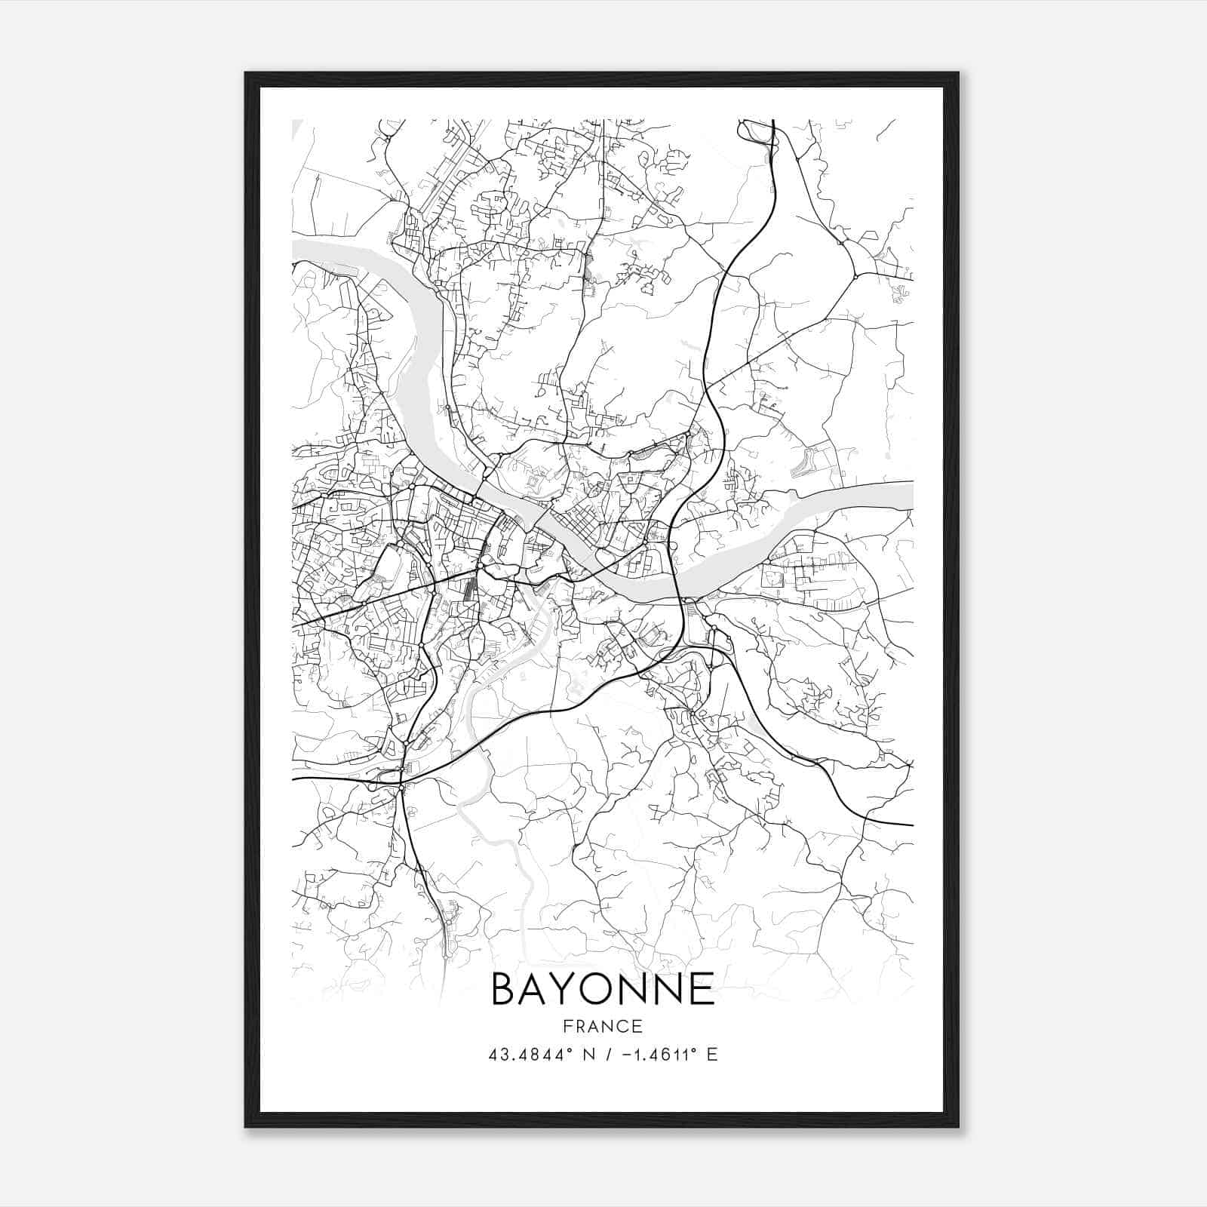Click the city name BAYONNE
[x=603, y=989]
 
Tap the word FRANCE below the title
[x=603, y=1026]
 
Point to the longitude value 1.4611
[x=659, y=1055]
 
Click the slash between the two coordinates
[x=609, y=1055]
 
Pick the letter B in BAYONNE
[x=505, y=989]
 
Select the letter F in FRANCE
[x=568, y=1026]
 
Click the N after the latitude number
[x=590, y=1055]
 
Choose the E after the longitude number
[x=712, y=1055]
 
